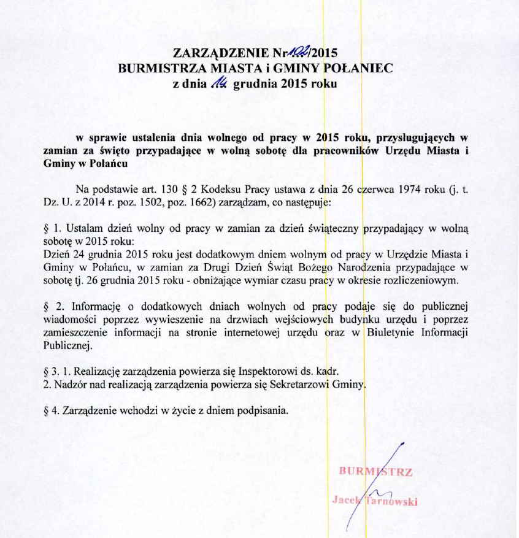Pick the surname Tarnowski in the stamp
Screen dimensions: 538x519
click(391, 501)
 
